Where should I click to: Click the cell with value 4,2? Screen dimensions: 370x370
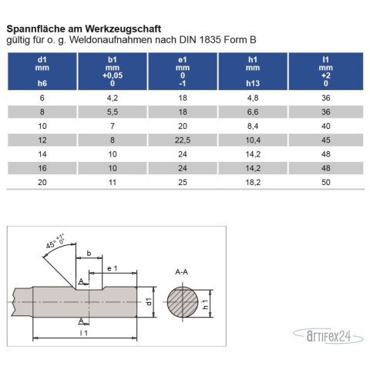113,98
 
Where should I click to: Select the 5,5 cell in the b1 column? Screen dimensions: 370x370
113,112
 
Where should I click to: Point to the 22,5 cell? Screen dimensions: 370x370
183,140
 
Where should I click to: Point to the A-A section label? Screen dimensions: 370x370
183,272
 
